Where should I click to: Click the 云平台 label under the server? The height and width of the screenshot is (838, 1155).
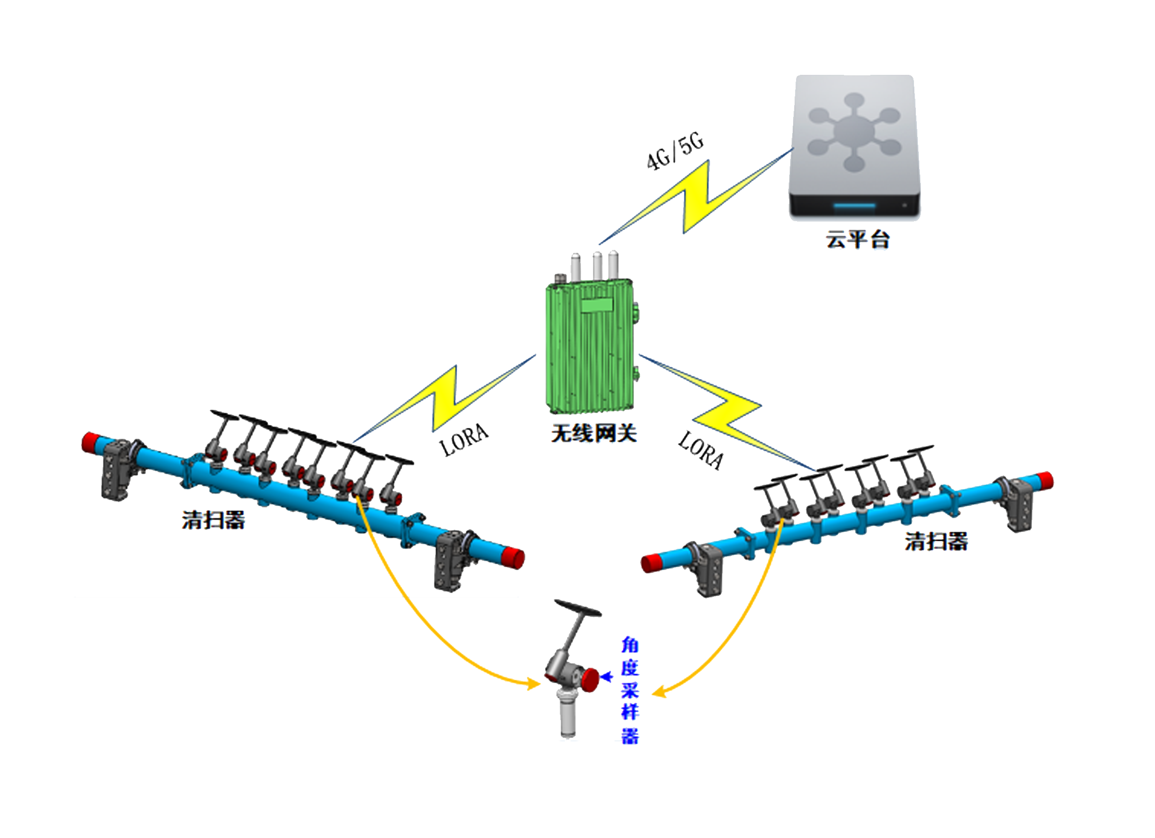coord(857,239)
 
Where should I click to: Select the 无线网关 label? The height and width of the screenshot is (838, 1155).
coord(594,433)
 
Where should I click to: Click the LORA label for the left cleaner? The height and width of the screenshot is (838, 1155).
coord(464,440)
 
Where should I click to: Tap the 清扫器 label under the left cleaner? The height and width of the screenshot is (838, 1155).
coord(213,520)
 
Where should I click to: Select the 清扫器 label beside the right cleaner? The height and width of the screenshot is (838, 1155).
coord(936,542)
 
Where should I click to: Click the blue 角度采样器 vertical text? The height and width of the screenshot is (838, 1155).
coord(630,691)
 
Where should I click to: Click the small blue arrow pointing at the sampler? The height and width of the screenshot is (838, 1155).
coord(606,677)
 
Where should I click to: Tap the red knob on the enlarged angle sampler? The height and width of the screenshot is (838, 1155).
coord(590,679)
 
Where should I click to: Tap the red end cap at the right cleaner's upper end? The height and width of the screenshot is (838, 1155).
coord(1044,481)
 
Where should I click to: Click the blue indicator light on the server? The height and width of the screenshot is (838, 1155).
coord(854,206)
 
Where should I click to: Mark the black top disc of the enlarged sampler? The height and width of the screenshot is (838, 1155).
coord(577,608)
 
